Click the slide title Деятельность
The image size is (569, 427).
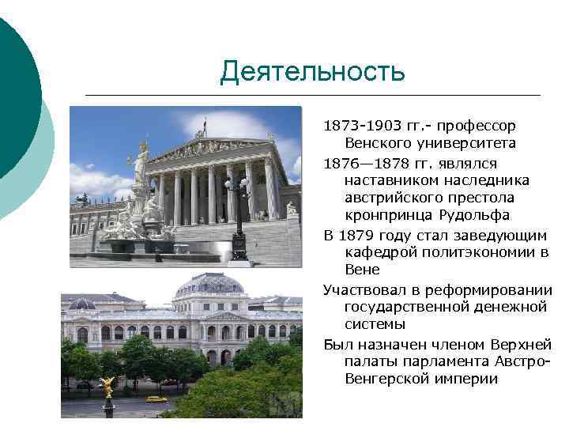click(x=312, y=72)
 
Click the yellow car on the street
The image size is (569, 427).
click(x=156, y=399)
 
